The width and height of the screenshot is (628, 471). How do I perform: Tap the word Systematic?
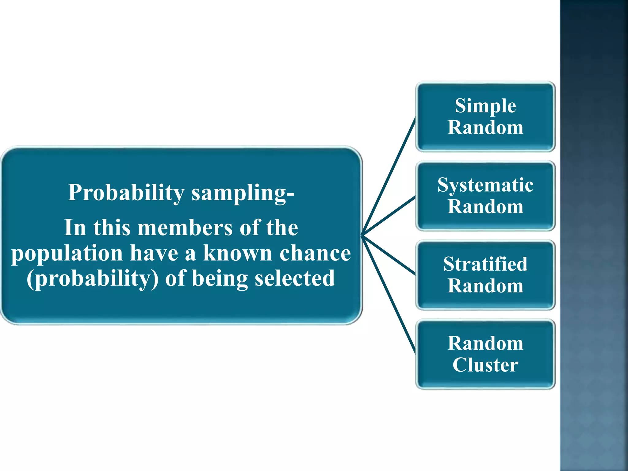point(485,186)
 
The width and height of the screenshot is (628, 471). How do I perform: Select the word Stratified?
point(485,264)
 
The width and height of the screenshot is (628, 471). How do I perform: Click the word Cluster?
point(485,365)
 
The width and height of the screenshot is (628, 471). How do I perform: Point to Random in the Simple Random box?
point(485,128)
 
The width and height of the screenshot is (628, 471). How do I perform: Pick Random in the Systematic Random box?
point(485,207)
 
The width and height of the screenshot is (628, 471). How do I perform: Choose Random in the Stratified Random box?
point(485,286)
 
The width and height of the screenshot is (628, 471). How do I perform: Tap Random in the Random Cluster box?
point(485,343)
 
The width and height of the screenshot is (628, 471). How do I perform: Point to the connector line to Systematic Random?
point(389,216)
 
